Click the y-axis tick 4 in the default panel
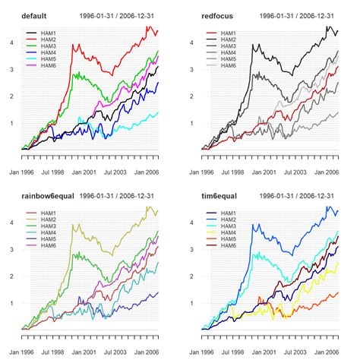[x=11, y=43]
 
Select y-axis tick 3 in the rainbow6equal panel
[x=11, y=249]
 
